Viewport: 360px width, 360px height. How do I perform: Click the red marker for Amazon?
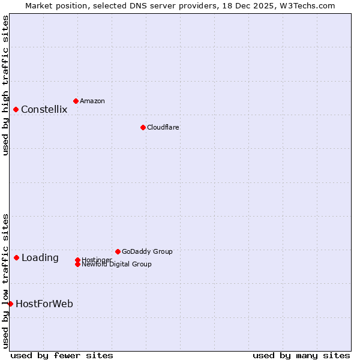tap(76, 101)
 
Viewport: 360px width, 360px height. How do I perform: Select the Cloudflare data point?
tap(143, 127)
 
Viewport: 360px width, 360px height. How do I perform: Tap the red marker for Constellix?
tap(16, 109)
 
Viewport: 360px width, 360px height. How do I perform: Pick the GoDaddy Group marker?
tap(118, 251)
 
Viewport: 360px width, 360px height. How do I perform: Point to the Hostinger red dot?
tap(77, 260)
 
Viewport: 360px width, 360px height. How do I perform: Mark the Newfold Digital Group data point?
tap(77, 264)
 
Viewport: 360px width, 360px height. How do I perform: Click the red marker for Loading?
tap(16, 257)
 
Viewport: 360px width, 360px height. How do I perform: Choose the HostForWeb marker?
tap(10, 304)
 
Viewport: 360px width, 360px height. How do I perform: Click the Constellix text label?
tap(44, 109)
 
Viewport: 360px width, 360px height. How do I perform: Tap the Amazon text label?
tap(92, 101)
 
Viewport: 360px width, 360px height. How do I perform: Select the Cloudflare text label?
tap(163, 127)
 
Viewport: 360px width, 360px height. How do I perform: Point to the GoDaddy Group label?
tap(147, 251)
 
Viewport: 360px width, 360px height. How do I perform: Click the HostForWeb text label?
tap(44, 304)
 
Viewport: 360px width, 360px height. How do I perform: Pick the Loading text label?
tap(40, 258)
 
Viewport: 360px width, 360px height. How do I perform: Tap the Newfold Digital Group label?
tap(116, 265)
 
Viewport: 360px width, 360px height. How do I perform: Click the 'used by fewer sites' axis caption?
tap(62, 355)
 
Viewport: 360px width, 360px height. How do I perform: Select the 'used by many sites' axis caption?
tap(301, 355)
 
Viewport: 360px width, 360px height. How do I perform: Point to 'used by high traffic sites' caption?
tap(6, 85)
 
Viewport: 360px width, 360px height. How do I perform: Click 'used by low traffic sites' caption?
tap(6, 280)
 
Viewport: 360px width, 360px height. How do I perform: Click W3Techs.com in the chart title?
tap(305, 5)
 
